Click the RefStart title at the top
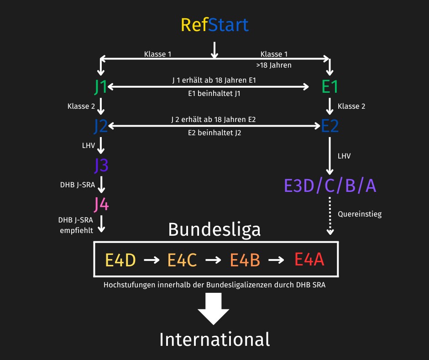(x=214, y=25)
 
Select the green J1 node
(x=100, y=87)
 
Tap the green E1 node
(x=330, y=87)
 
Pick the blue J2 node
(x=101, y=126)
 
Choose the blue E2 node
(x=330, y=126)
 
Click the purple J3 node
(x=101, y=165)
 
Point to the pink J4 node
(x=101, y=204)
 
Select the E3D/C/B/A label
(x=330, y=186)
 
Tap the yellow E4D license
(x=120, y=260)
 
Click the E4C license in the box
(x=182, y=260)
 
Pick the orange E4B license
(x=245, y=260)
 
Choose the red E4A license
(x=309, y=259)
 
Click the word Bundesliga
(x=214, y=230)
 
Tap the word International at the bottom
(x=214, y=339)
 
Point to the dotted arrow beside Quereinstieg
(x=330, y=216)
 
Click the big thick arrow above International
(x=214, y=309)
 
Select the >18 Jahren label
(x=273, y=65)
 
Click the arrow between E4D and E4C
(x=152, y=259)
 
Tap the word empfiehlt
(x=76, y=230)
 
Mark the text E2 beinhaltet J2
(x=214, y=133)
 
